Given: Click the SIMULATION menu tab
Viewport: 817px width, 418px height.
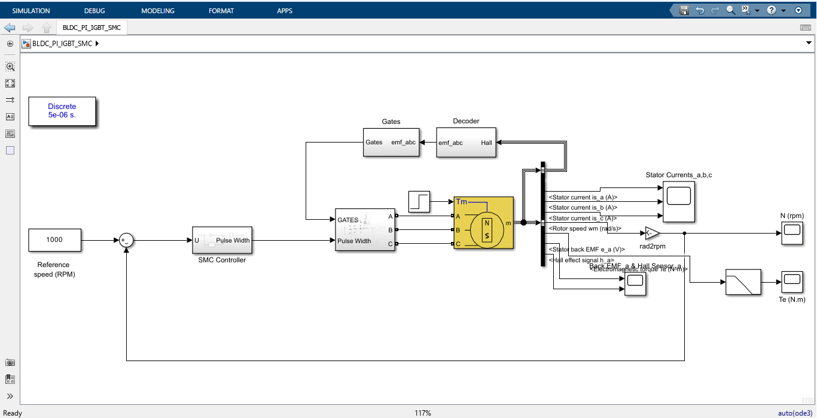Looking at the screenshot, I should (x=31, y=11).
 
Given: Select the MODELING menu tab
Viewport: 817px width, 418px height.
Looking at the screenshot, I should (x=158, y=11).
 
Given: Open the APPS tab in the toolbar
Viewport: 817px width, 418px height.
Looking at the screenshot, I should (x=285, y=11).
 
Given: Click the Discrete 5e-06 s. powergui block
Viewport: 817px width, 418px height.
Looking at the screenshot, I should (x=62, y=111).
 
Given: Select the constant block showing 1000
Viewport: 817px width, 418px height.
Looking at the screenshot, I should (x=54, y=240).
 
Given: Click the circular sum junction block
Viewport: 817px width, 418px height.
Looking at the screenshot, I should (x=126, y=240).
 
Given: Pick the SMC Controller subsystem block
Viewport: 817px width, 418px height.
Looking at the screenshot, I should (x=222, y=240).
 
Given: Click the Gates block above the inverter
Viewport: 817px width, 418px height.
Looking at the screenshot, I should (x=391, y=143).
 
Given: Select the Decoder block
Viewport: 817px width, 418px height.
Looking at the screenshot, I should (x=466, y=143).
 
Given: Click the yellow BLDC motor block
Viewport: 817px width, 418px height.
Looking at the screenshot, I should (x=483, y=223).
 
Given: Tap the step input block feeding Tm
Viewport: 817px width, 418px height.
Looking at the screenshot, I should (x=419, y=201).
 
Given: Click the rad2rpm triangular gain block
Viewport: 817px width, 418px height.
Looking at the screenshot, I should (x=652, y=233).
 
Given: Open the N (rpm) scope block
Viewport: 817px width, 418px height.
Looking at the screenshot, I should (x=792, y=233).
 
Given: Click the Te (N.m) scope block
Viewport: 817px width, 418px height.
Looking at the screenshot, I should (x=792, y=282).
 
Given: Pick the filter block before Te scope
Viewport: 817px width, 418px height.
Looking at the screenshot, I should (x=743, y=282).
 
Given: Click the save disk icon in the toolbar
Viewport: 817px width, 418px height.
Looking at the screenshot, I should (x=684, y=10).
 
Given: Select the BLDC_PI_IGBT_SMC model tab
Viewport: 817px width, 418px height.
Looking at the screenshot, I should (x=92, y=28).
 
